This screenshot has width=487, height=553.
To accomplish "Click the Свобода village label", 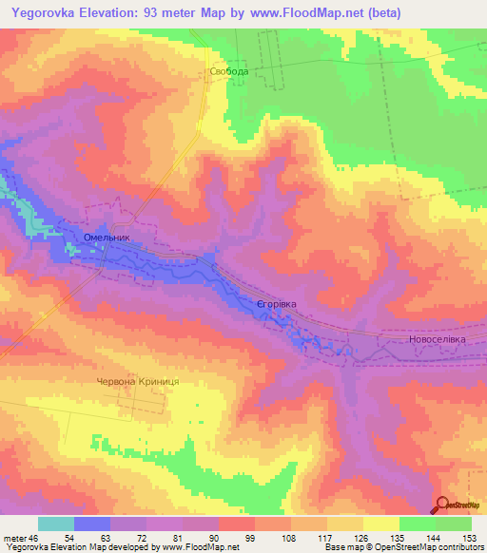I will click(229, 71).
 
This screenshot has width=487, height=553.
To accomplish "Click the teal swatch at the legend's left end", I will click(56, 524).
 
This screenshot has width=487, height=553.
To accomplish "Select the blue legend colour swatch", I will click(92, 524).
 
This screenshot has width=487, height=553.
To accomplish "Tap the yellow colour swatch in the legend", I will click(380, 524).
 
